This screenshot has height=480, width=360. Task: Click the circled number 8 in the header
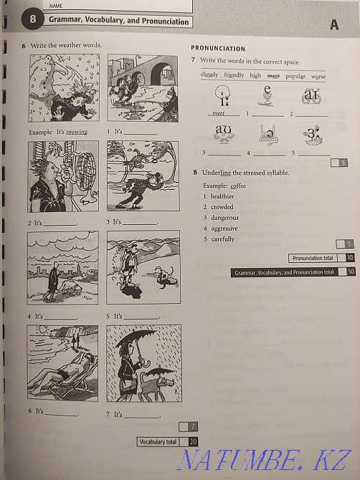[x=32, y=21]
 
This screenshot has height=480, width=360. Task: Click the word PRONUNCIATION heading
[x=218, y=49]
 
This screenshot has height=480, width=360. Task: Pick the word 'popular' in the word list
[x=295, y=75]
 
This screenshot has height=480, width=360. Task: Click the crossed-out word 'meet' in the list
[x=273, y=75]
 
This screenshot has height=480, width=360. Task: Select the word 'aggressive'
[x=225, y=228]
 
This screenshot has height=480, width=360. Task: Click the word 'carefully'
[x=223, y=239]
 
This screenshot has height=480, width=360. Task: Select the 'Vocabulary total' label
[x=158, y=442]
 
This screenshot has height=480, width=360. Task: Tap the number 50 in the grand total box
[x=351, y=272]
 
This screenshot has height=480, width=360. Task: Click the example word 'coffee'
[x=238, y=186]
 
